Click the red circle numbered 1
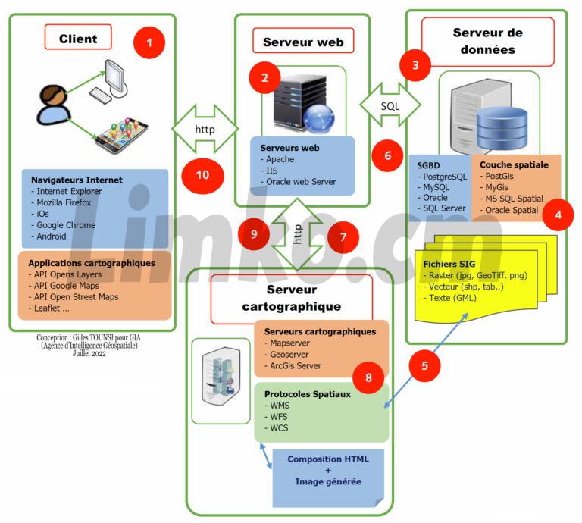pos(149,43)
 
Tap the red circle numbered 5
pos(425,365)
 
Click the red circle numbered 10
pos(202,174)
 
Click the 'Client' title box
pos(77,37)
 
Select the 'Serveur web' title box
pos(302,42)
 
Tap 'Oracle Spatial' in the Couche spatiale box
pos(514,210)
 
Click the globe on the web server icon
pos(319,117)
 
